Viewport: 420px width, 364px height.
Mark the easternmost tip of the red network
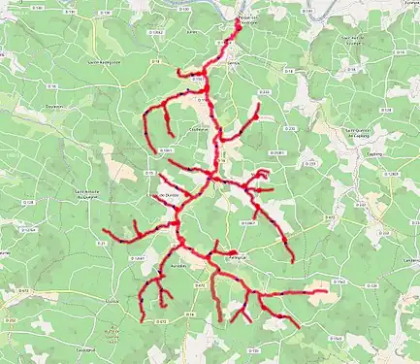[x=327, y=290]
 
